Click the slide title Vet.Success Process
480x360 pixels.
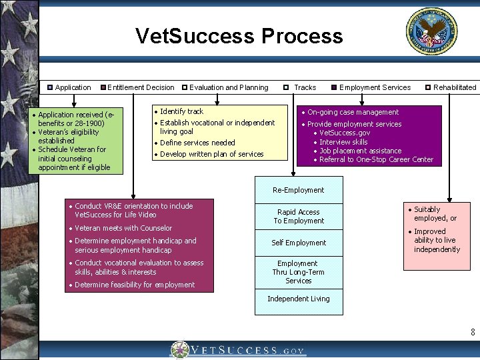coord(239,36)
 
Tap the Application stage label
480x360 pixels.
coord(73,87)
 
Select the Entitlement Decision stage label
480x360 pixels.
coord(141,87)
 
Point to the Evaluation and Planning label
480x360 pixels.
coord(229,87)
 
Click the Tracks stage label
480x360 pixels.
coord(305,87)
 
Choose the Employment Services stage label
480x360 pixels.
coord(375,87)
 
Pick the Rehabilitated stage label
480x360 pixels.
coord(455,87)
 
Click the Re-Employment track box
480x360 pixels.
coord(298,190)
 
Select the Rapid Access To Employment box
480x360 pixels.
coord(299,217)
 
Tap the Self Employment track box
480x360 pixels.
coord(299,243)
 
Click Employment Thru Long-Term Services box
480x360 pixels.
coord(298,272)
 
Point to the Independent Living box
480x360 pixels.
coord(298,299)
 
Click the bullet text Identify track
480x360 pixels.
coord(181,111)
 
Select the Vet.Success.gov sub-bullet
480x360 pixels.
coord(345,133)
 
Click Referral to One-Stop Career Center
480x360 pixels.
coord(376,159)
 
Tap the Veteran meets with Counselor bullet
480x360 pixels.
coord(123,228)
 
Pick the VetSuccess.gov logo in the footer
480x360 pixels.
coord(239,350)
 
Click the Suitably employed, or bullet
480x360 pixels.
coord(435,214)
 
